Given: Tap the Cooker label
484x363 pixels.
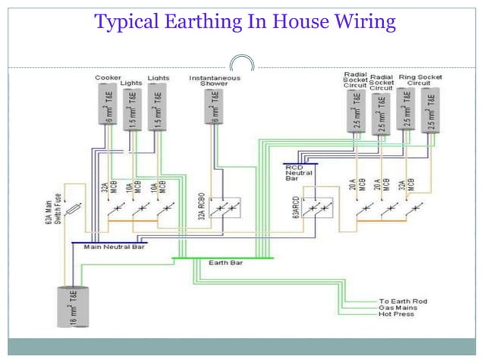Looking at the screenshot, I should click(x=108, y=77).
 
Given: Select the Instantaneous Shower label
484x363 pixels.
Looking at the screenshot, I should click(x=215, y=80).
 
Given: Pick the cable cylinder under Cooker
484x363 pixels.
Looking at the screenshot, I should click(x=108, y=104).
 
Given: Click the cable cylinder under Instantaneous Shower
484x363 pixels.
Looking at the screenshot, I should click(x=216, y=106).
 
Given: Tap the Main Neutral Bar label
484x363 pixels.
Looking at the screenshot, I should click(x=114, y=247).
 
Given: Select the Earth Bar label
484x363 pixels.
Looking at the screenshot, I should click(x=226, y=263).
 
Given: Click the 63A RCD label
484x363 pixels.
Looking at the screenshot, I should click(x=296, y=207).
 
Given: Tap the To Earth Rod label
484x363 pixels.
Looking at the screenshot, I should click(x=403, y=301).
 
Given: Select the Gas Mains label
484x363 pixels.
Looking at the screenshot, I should click(x=398, y=308).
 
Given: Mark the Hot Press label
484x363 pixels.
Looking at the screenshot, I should click(x=397, y=314).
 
